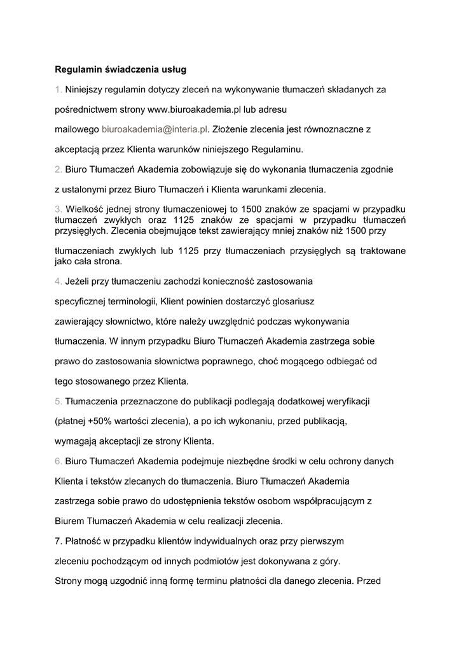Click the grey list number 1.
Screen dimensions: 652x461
coord(58,89)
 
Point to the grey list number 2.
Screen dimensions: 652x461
coord(58,169)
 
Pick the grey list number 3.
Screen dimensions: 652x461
coord(58,209)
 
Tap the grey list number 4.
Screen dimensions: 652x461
coord(58,280)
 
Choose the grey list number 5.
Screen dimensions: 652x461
coord(58,401)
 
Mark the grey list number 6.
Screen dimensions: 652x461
coord(58,461)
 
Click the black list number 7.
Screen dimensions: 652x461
coord(58,541)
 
